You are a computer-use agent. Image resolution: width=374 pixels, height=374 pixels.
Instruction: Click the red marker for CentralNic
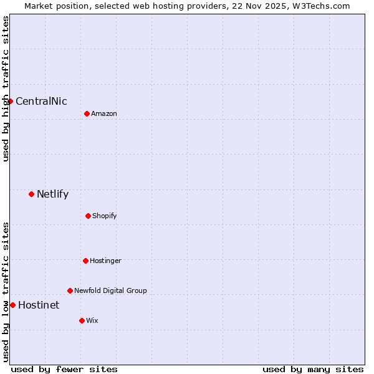pyautogui.click(x=10, y=101)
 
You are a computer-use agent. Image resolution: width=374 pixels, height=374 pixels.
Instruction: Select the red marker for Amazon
pyautogui.click(x=87, y=113)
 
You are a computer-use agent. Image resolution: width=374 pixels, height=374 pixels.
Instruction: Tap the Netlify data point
pyautogui.click(x=31, y=194)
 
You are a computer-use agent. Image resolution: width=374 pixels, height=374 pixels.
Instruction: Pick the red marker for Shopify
pyautogui.click(x=88, y=216)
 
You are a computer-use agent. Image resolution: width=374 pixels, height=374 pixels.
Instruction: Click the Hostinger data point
pyautogui.click(x=85, y=261)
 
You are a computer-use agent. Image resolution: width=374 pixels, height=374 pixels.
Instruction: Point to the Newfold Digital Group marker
pyautogui.click(x=70, y=290)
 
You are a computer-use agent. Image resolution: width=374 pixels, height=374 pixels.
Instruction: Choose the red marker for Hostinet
pyautogui.click(x=12, y=305)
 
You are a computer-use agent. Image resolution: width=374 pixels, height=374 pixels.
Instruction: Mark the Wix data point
pyautogui.click(x=82, y=320)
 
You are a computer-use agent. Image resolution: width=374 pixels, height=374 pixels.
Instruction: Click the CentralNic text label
pyautogui.click(x=41, y=102)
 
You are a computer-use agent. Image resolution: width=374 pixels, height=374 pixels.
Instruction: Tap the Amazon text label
pyautogui.click(x=104, y=113)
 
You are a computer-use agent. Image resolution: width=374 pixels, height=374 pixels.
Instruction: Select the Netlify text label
pyautogui.click(x=52, y=194)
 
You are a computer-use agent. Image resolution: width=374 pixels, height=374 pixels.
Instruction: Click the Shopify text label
pyautogui.click(x=105, y=216)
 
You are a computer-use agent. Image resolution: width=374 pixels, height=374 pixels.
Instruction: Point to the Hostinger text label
pyautogui.click(x=105, y=261)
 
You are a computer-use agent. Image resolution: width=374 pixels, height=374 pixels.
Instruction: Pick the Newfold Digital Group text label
pyautogui.click(x=110, y=290)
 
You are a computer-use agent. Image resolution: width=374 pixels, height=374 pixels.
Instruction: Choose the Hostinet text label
pyautogui.click(x=39, y=305)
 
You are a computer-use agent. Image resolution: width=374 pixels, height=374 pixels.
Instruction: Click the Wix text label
pyautogui.click(x=92, y=320)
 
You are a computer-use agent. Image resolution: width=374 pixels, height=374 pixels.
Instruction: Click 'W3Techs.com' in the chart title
pyautogui.click(x=322, y=6)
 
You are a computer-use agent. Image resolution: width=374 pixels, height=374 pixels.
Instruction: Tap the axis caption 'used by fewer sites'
pyautogui.click(x=64, y=369)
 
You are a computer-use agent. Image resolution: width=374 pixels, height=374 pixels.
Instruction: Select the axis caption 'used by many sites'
pyautogui.click(x=313, y=369)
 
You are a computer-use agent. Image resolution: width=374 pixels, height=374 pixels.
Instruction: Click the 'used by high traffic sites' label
pyautogui.click(x=6, y=89)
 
